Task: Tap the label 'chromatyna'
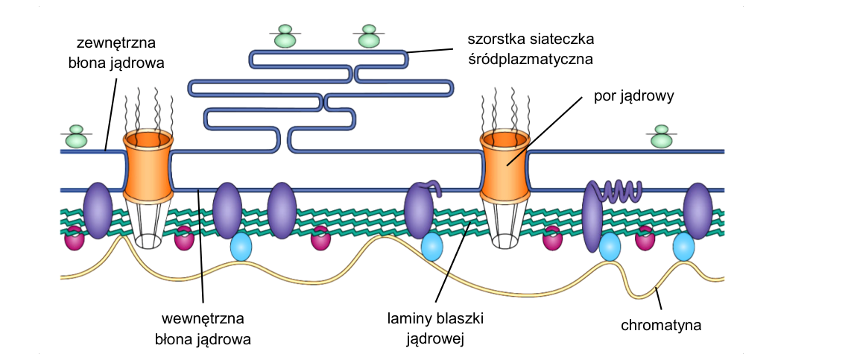[661, 326]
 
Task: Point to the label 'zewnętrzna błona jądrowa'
[116, 53]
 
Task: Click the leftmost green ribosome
[76, 136]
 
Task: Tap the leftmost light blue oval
[241, 247]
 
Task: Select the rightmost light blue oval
[683, 247]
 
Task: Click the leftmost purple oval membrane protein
[98, 210]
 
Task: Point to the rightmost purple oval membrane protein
[698, 211]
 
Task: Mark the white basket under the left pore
[148, 224]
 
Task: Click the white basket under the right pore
[505, 224]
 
